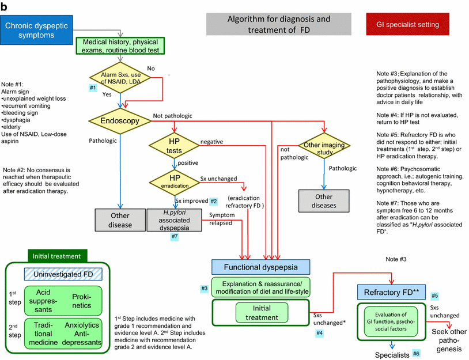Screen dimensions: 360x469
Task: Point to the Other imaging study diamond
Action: pos(324,146)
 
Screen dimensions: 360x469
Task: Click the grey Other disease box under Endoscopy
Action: pos(121,220)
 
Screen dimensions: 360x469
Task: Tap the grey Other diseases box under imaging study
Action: pos(324,201)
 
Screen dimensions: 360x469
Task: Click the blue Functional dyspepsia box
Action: pos(260,267)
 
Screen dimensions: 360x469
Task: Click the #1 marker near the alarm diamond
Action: pos(92,88)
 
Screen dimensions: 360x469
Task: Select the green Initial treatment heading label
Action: pos(57,255)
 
